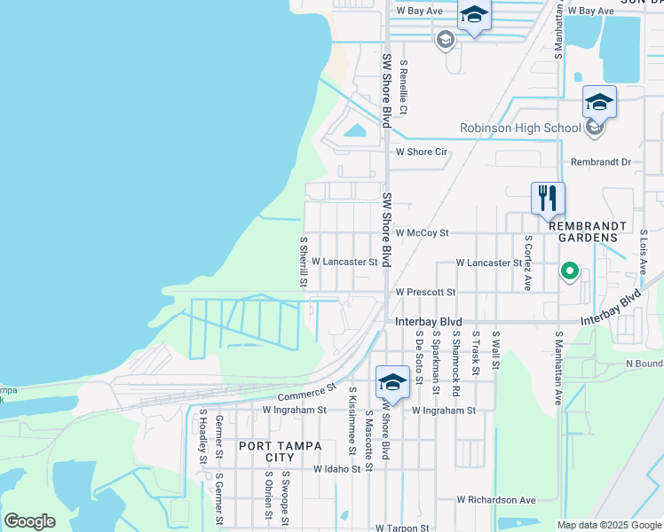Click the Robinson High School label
[519, 128]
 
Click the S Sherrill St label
[303, 262]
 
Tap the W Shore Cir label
[421, 153]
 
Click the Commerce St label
[307, 392]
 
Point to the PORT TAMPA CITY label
[266, 451]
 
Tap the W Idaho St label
[334, 468]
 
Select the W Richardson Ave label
[496, 500]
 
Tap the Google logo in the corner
[29, 521]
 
